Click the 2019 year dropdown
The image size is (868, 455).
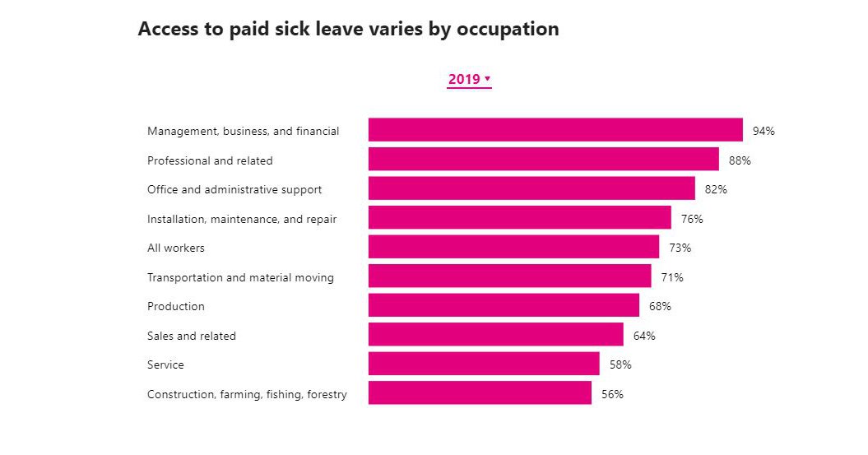[469, 79]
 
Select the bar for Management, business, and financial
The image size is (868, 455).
[555, 130]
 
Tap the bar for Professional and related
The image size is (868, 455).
[543, 160]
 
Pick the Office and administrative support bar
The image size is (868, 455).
[531, 189]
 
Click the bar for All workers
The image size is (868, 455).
[513, 248]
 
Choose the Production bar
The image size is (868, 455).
[504, 306]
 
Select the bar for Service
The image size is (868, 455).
[484, 364]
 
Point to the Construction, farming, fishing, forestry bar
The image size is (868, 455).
[480, 393]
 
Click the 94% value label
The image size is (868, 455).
[764, 131]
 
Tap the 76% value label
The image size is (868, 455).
[692, 219]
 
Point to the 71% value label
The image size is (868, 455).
[672, 277]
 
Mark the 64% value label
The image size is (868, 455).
[644, 336]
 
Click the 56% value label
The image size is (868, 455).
[612, 394]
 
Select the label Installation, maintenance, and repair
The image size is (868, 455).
[242, 219]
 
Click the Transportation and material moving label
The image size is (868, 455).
[240, 277]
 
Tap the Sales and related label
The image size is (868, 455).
[192, 336]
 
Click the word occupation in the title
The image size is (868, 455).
[509, 29]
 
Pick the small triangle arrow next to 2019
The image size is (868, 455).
[487, 79]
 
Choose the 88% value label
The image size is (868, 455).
[740, 160]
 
